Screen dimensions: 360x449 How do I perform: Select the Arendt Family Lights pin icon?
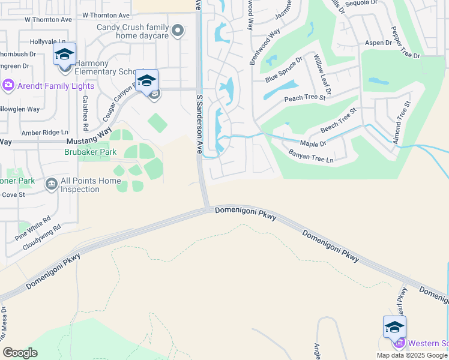click(x=8, y=85)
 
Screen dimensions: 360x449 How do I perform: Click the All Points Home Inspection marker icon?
click(x=51, y=183)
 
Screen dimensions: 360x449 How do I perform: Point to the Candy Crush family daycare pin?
click(x=177, y=31)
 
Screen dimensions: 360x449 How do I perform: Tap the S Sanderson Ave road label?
click(x=200, y=124)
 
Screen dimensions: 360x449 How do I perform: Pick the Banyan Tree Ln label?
click(x=320, y=158)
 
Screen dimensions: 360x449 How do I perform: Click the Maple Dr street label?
click(x=313, y=144)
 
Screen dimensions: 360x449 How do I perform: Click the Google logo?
click(x=20, y=352)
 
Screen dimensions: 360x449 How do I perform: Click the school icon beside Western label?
click(x=394, y=327)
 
